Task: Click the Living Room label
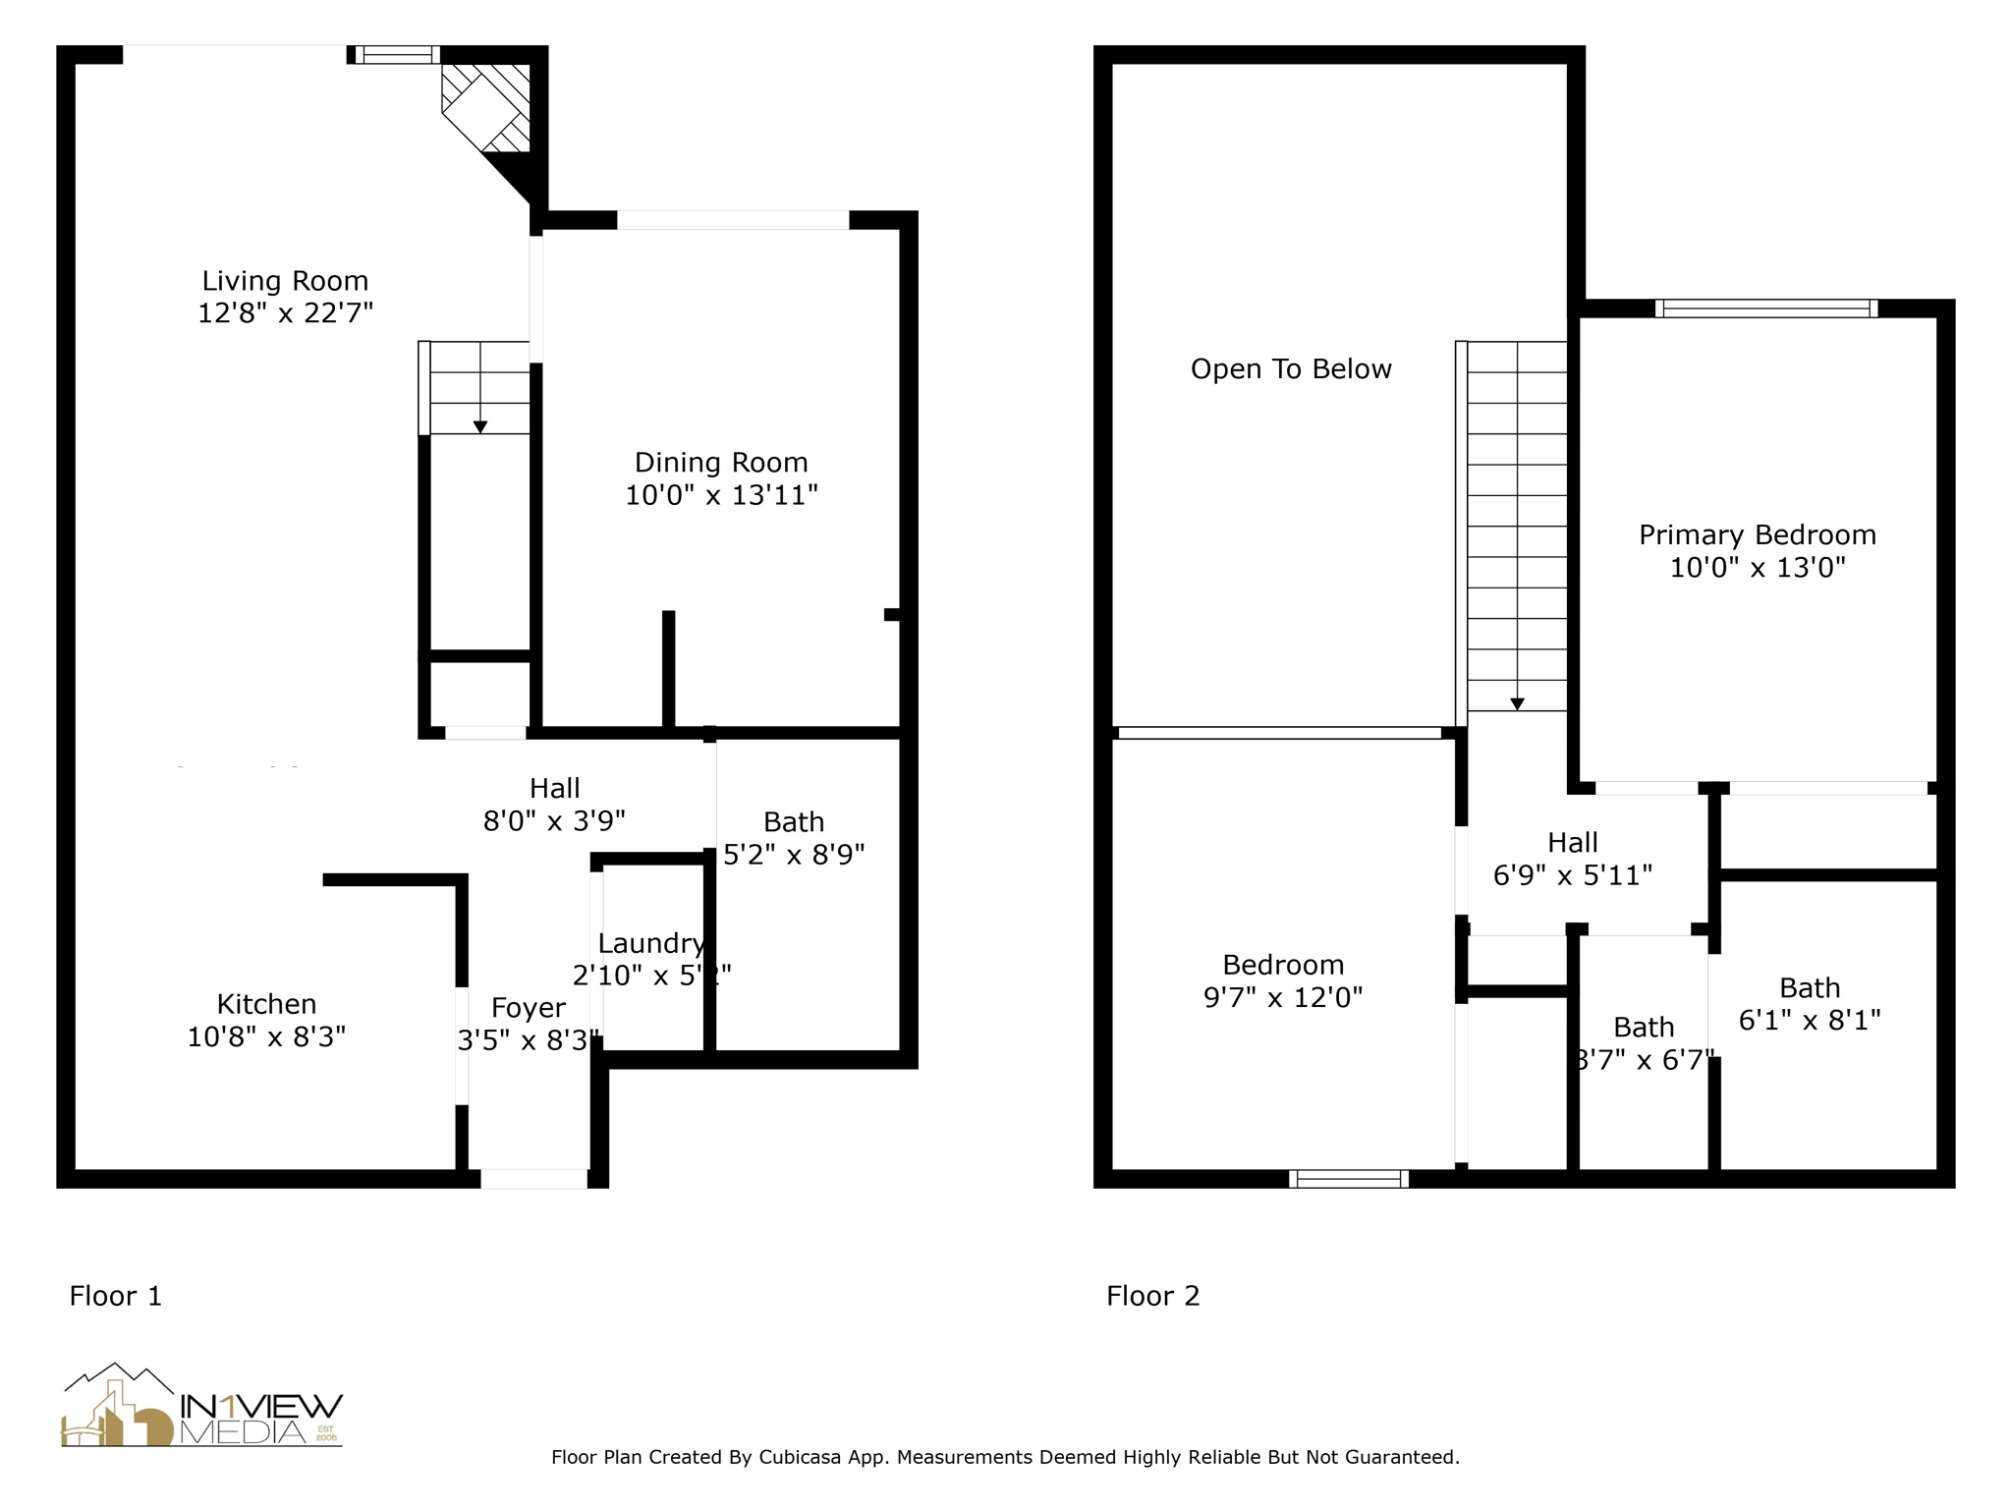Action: tap(285, 281)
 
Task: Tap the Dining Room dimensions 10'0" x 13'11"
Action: tap(721, 495)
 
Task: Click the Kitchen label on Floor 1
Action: tap(266, 1004)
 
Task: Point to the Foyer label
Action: tap(529, 1008)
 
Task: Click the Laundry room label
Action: tap(650, 943)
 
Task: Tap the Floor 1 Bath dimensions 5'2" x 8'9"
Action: tap(794, 855)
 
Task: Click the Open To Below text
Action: tap(1291, 369)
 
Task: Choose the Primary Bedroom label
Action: tap(1757, 535)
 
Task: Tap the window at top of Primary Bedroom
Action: tap(1765, 308)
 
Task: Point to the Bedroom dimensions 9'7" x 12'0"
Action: tap(1283, 998)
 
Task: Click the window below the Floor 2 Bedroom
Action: tap(1348, 1179)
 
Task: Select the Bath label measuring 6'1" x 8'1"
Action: tap(1810, 988)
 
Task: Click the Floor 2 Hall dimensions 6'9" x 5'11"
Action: tap(1572, 875)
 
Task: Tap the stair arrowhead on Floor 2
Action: tap(1517, 703)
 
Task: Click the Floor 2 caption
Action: tap(1152, 1296)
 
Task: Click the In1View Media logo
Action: tap(202, 1407)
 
